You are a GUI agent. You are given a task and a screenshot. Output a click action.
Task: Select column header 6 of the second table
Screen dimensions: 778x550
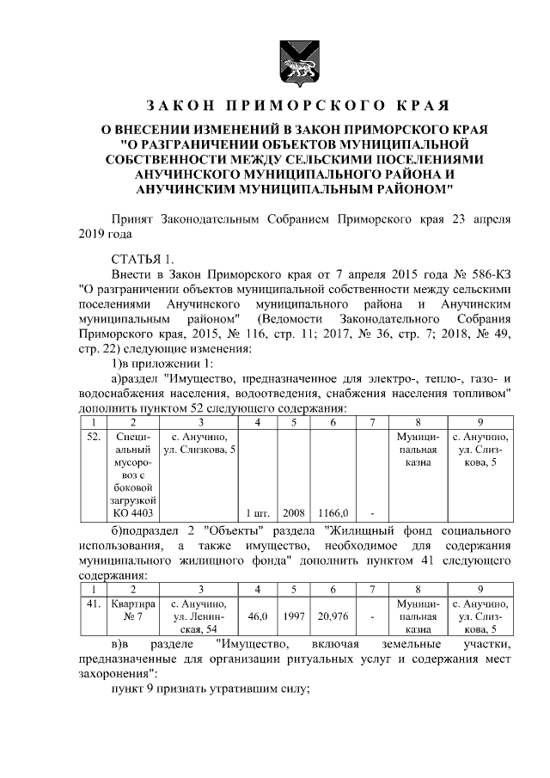(x=332, y=589)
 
